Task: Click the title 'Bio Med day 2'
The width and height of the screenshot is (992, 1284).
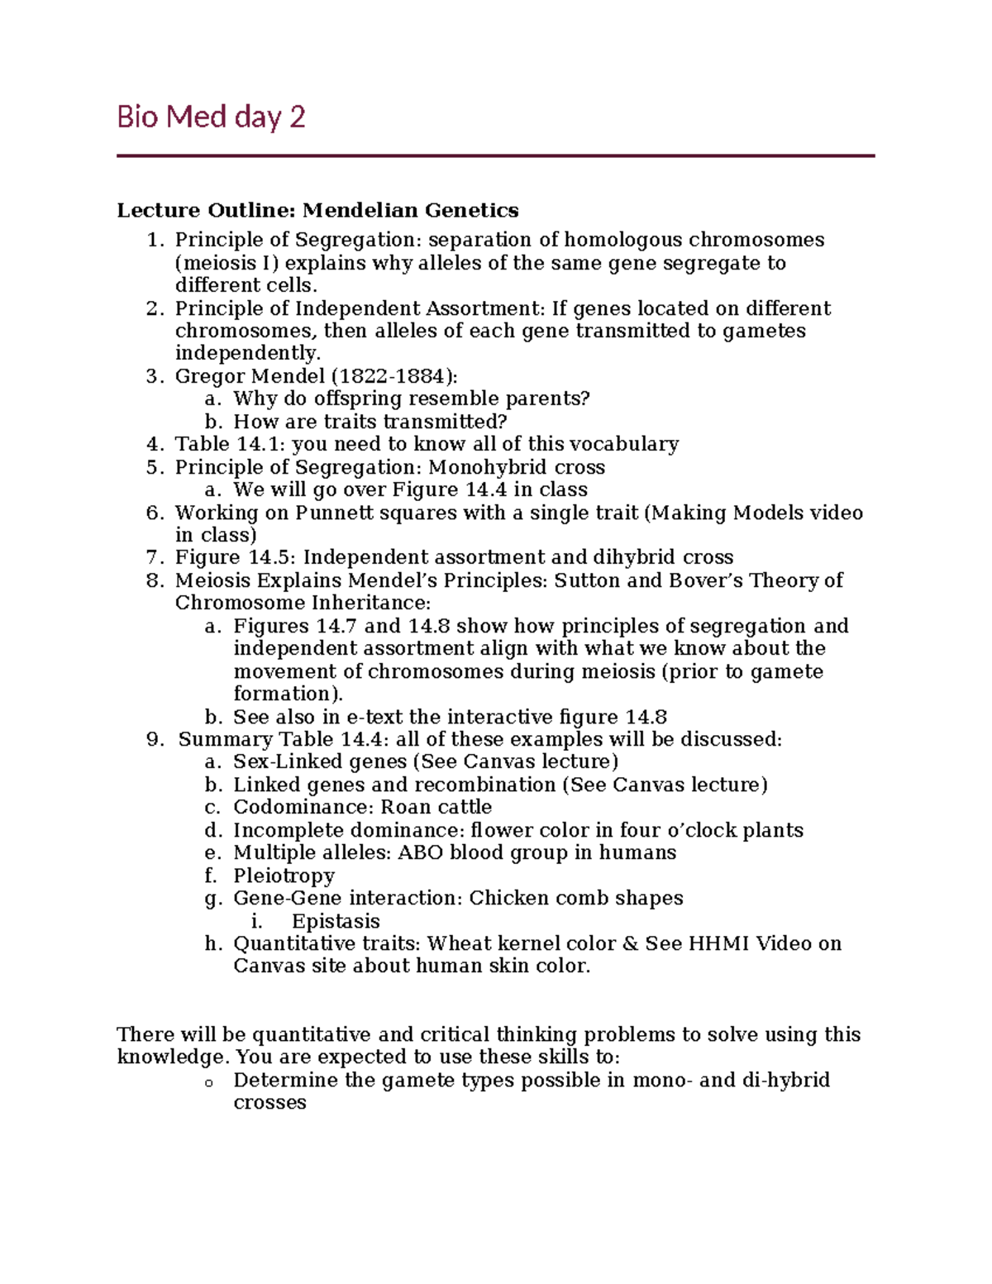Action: pos(211,117)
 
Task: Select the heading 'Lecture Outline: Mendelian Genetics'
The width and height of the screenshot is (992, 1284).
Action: pos(317,210)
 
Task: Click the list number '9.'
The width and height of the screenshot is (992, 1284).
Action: pos(155,739)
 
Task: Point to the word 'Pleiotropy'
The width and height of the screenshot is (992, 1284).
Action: pos(284,876)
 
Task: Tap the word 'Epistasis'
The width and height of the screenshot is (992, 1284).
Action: pos(336,921)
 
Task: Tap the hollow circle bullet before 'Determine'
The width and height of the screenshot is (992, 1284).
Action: pos(210,1082)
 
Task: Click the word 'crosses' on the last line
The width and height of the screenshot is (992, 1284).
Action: pos(269,1103)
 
